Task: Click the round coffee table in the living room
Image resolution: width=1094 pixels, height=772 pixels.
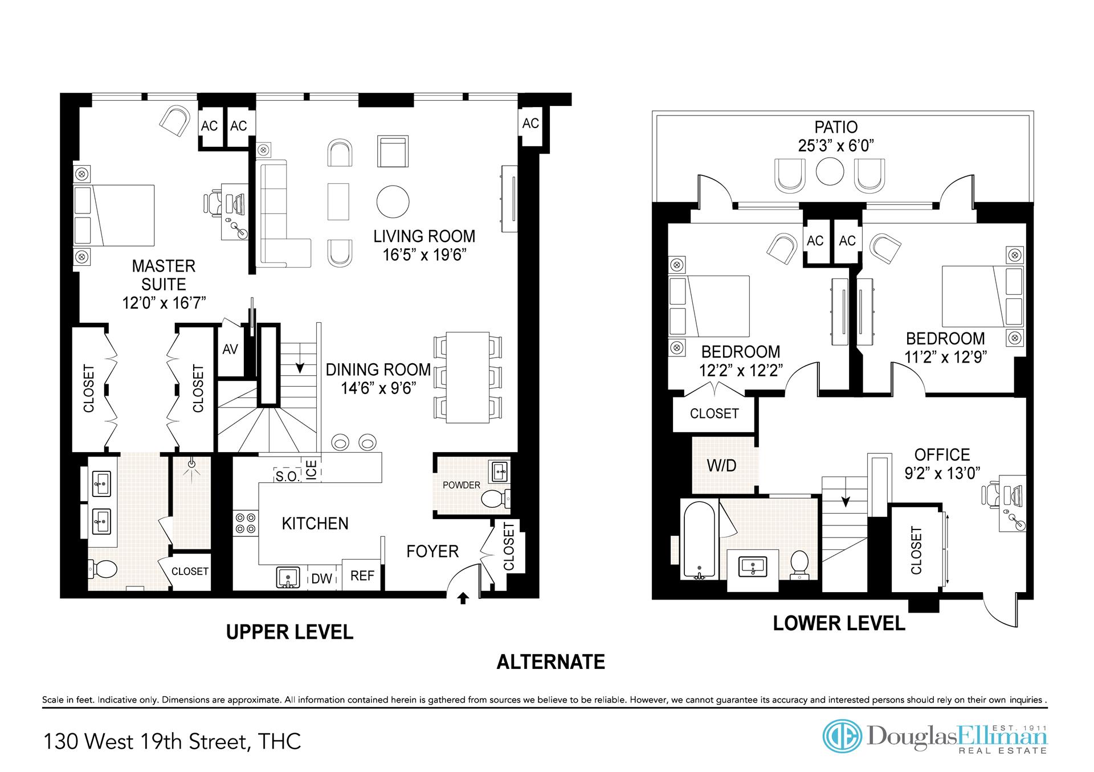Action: pos(393,201)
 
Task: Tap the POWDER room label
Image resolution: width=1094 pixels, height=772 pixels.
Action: pos(462,485)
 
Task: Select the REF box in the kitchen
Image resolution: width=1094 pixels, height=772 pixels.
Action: pos(362,576)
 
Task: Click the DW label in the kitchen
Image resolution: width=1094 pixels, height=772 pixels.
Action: pos(322,578)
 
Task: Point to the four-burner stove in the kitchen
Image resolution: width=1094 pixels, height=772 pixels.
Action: pos(245,523)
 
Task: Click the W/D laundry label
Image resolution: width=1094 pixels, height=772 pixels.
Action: pos(721,466)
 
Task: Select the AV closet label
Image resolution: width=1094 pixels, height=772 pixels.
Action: pos(230,349)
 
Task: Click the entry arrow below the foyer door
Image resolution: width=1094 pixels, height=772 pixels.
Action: pos(463,598)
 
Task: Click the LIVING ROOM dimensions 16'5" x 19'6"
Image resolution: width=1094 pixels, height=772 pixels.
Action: pos(424,254)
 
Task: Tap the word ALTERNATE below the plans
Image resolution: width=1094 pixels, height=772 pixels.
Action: pos(551,662)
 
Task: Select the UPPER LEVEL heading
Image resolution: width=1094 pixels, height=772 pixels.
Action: pos(289,632)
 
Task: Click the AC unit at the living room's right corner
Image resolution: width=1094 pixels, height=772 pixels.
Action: pos(530,124)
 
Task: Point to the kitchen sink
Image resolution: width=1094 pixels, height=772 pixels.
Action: pos(289,577)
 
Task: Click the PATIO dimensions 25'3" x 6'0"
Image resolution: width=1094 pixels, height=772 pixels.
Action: pos(836,146)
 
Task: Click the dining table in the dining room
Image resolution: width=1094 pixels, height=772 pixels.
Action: pos(468,377)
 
